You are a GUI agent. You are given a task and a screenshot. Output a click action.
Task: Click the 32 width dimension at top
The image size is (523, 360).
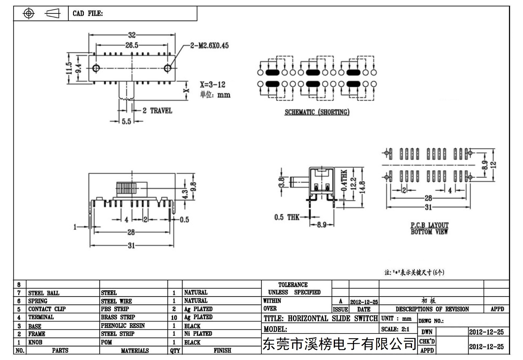tap(132, 35)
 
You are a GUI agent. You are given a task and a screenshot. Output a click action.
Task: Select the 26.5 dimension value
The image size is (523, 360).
tap(132, 45)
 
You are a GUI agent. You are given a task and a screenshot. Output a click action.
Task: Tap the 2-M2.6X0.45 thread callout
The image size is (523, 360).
tap(209, 46)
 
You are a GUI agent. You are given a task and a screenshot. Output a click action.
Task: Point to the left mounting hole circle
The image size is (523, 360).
tap(96, 68)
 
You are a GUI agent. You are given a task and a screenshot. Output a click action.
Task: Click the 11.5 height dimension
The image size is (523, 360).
tap(69, 68)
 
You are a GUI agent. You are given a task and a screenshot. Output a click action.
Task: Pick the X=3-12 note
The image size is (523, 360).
tap(212, 85)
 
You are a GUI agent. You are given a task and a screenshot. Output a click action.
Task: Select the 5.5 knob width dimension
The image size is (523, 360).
tap(127, 121)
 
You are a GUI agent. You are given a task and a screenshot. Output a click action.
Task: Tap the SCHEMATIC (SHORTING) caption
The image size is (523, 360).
tap(317, 112)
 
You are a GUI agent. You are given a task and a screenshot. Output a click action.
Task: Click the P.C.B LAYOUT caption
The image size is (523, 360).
tap(430, 225)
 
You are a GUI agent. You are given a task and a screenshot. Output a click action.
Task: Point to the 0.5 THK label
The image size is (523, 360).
tap(287, 217)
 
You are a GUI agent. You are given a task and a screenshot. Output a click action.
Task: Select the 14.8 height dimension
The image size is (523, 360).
tap(362, 187)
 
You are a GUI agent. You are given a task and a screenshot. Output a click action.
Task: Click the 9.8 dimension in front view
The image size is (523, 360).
tap(193, 187)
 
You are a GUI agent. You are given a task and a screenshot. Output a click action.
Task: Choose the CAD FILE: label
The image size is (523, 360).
tap(88, 14)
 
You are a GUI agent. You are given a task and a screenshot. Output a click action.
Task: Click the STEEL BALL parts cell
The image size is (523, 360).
tap(44, 293)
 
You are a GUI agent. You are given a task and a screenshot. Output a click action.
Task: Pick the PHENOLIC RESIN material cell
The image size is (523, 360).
tap(123, 326)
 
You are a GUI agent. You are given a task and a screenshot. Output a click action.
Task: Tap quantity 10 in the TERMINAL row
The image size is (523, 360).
tap(174, 317)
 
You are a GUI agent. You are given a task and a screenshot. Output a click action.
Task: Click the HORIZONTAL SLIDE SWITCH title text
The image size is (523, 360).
tap(333, 319)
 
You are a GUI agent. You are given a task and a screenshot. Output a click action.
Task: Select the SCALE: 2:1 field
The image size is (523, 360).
tap(395, 329)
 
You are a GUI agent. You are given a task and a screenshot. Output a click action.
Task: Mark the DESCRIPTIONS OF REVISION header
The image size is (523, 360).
tap(432, 309)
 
